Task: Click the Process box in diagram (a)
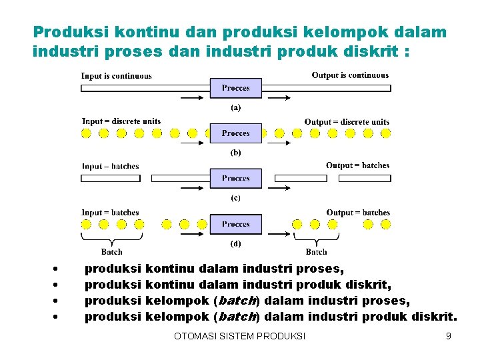(236, 88)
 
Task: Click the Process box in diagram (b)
(236, 133)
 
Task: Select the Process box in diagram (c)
(236, 178)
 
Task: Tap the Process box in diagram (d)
(236, 224)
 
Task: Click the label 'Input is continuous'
(117, 76)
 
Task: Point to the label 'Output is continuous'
(350, 75)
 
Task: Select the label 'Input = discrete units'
(121, 121)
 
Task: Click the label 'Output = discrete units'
(347, 122)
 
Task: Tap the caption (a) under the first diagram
(236, 107)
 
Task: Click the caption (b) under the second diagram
(236, 153)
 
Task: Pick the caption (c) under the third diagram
(236, 198)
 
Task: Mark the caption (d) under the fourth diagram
(236, 243)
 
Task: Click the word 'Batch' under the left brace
(112, 252)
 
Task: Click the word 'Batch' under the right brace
(316, 252)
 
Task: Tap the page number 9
(449, 336)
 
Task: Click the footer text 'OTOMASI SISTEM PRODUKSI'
(239, 336)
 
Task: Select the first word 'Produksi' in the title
(71, 32)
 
